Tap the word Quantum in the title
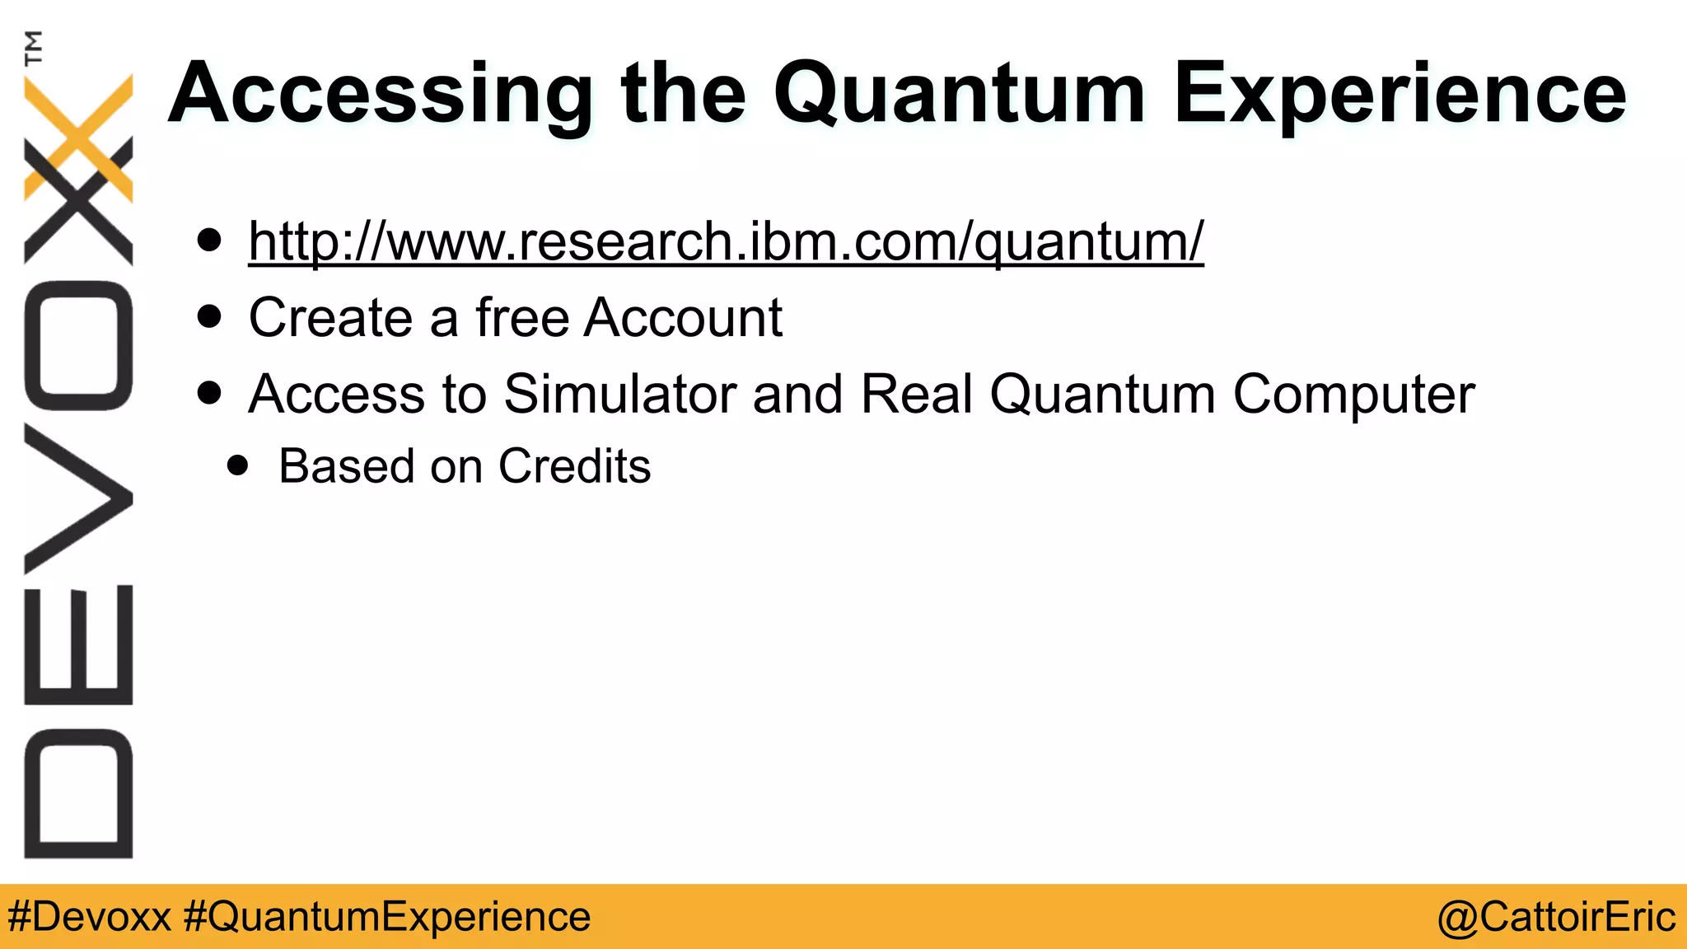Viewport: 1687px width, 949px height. click(x=959, y=94)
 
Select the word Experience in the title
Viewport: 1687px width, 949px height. click(x=1400, y=94)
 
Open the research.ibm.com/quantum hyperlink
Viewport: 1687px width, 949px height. click(x=726, y=241)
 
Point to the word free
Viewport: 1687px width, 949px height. click(x=522, y=318)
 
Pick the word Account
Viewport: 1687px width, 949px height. click(x=683, y=318)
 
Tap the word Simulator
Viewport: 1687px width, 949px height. click(x=619, y=394)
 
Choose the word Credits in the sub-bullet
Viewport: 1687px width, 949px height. click(x=574, y=466)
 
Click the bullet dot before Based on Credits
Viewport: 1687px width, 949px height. click(x=238, y=466)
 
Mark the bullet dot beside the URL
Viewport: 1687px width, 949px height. click(x=210, y=241)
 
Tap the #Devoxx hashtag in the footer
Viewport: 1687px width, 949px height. click(x=89, y=917)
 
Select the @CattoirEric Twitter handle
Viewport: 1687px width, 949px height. click(x=1556, y=917)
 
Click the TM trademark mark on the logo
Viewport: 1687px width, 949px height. click(x=33, y=47)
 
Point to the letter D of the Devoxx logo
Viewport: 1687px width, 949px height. click(x=78, y=793)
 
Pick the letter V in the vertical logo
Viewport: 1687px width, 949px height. click(x=78, y=498)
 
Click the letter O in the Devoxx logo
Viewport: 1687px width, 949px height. click(x=78, y=345)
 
